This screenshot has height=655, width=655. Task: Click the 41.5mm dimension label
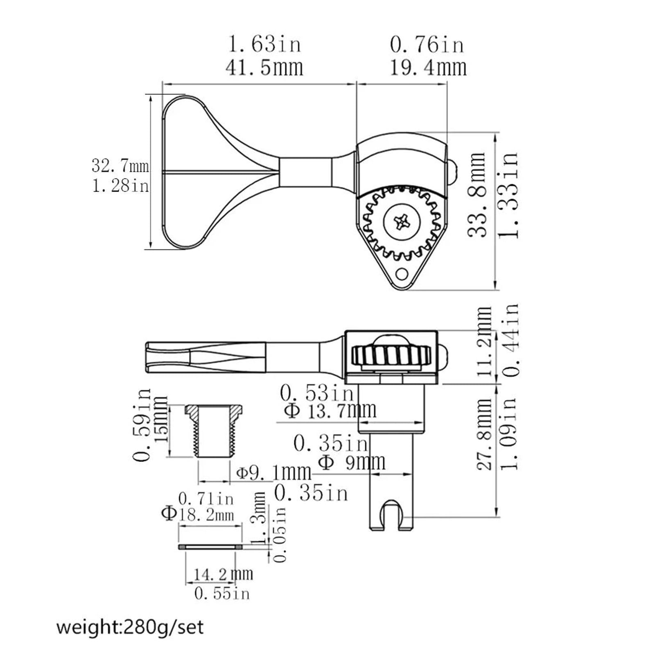(264, 68)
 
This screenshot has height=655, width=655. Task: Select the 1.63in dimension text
(264, 44)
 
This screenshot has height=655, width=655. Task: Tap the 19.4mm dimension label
(428, 68)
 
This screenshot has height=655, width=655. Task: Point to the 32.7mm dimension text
(120, 166)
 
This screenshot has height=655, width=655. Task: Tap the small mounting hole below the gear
(402, 273)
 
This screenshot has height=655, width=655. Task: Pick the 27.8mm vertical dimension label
(484, 434)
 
